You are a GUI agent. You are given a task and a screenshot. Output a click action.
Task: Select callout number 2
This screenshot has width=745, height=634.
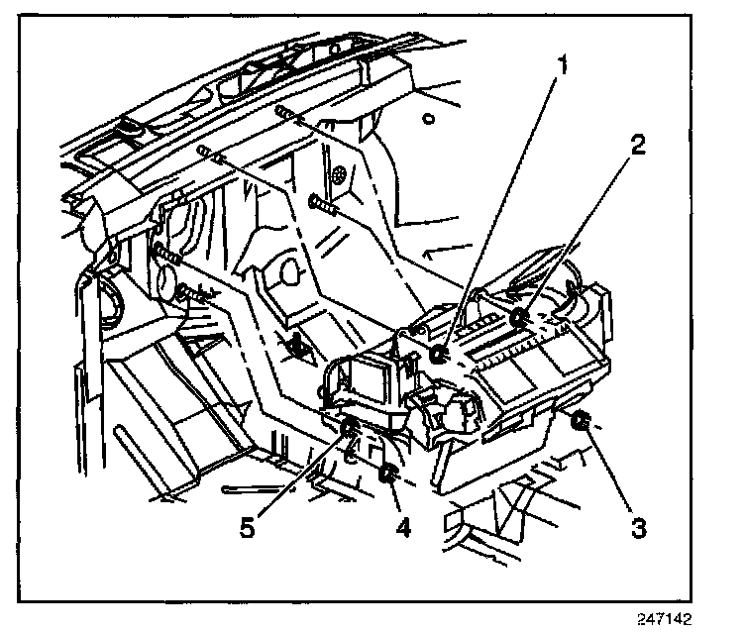tap(638, 145)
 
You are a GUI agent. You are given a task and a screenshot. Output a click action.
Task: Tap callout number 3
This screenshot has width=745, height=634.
tap(639, 527)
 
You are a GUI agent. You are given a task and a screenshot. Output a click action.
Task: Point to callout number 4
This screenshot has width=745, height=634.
tap(402, 527)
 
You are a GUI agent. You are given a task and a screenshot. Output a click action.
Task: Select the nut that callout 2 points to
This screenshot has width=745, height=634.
tap(518, 317)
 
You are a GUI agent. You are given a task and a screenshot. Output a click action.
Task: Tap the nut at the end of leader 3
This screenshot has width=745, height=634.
tap(582, 424)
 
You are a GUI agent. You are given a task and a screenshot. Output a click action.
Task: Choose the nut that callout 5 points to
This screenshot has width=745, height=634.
tap(350, 428)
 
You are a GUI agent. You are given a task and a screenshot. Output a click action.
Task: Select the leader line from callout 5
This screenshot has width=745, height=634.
tap(299, 477)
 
